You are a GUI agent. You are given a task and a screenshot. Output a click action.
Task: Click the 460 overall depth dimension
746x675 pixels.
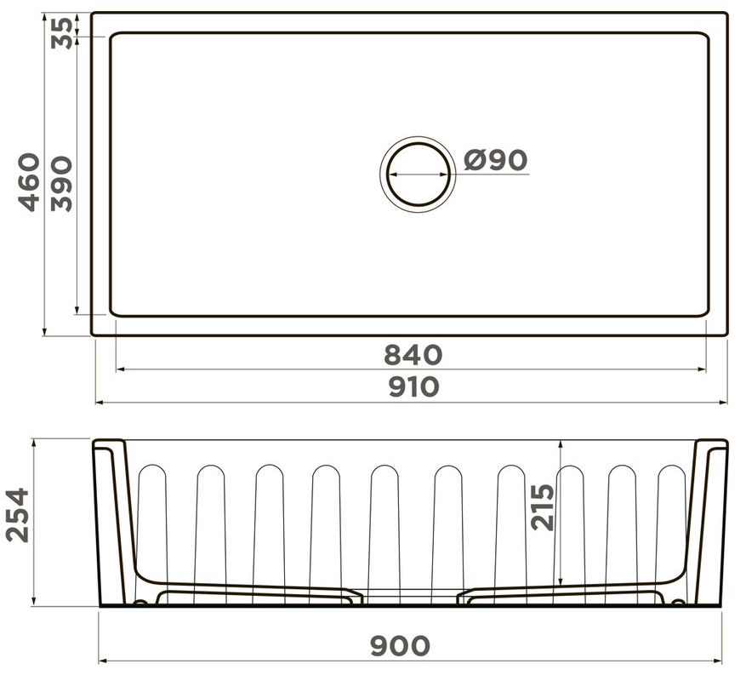(29, 182)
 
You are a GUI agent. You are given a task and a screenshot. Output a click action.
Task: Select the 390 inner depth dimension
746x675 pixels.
(62, 184)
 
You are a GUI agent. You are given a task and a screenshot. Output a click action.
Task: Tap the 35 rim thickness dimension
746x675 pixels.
(62, 33)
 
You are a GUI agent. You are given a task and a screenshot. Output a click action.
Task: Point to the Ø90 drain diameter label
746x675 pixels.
(496, 160)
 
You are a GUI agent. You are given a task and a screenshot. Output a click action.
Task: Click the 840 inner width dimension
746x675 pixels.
(413, 355)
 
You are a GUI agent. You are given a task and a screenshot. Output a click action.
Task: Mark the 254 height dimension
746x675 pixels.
(18, 515)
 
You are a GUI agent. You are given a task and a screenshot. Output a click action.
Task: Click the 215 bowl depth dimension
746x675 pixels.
(543, 507)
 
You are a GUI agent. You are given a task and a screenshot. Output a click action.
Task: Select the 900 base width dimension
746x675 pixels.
(400, 646)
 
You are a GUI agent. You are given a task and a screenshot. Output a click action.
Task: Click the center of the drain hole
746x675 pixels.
(419, 174)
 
